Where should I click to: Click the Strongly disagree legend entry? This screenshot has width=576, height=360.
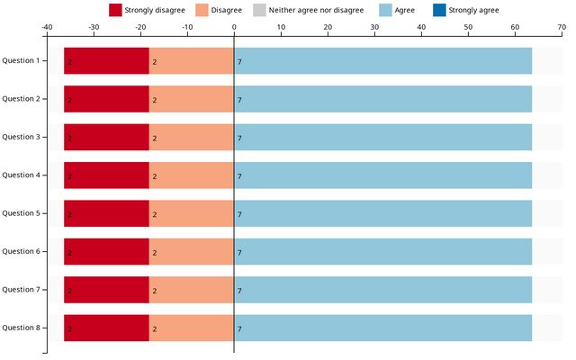tap(148, 10)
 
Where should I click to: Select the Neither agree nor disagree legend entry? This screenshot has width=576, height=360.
tap(315, 10)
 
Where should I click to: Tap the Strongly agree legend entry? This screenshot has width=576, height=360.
tap(472, 10)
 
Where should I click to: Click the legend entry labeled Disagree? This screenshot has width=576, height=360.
tap(225, 10)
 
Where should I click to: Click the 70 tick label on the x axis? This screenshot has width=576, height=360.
tap(562, 27)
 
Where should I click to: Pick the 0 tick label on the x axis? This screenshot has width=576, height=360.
tap(234, 27)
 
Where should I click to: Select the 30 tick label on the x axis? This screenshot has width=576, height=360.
tap(374, 27)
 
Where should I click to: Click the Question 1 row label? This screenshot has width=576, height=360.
tap(21, 60)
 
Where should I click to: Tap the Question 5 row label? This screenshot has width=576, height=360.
tap(21, 213)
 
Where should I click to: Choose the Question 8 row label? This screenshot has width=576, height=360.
tap(21, 328)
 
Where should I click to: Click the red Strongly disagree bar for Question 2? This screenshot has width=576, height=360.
tap(106, 99)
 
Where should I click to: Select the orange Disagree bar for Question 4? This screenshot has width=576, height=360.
tap(192, 175)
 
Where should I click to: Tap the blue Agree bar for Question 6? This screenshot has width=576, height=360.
tap(382, 252)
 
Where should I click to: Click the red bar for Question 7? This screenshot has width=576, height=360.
tap(106, 290)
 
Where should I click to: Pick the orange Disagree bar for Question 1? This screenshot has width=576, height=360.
tap(192, 61)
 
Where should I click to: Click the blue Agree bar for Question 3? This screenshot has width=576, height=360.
tap(382, 137)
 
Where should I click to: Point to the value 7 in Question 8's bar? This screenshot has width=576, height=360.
tap(239, 328)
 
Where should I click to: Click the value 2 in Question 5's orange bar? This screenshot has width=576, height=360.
tap(155, 214)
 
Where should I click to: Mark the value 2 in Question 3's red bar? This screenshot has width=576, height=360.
tap(69, 138)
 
